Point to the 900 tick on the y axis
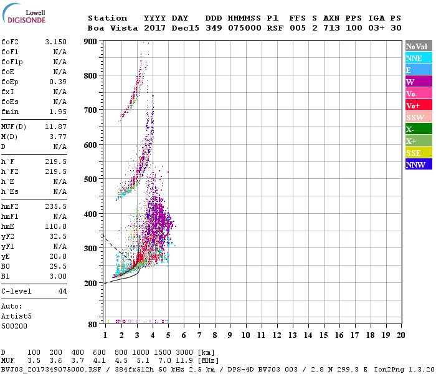click(91, 42)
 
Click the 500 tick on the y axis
click(91, 180)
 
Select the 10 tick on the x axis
click(245, 335)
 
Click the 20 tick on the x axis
click(400, 335)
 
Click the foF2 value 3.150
click(55, 42)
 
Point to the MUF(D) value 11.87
click(55, 127)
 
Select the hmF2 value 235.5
click(55, 206)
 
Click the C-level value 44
click(62, 291)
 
